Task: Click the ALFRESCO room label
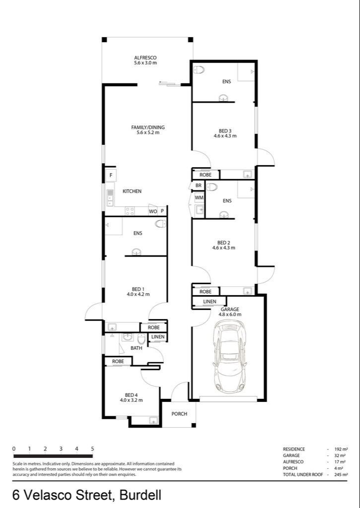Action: (145, 58)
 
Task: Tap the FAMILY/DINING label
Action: (147, 127)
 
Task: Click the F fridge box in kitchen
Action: (111, 176)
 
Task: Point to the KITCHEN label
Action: (132, 191)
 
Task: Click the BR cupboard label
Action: (199, 186)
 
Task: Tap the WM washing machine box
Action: (199, 197)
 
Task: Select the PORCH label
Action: (179, 414)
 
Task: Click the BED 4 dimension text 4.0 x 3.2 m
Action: (131, 400)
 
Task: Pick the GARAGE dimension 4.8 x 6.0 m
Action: (230, 315)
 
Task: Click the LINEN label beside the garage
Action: (209, 302)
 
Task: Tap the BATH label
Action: (136, 348)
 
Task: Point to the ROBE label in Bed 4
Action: (118, 362)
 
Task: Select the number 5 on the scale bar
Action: (92, 448)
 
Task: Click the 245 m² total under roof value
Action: (341, 475)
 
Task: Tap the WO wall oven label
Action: (153, 211)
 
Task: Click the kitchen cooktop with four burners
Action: (130, 211)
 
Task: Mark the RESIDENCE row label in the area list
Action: (294, 449)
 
